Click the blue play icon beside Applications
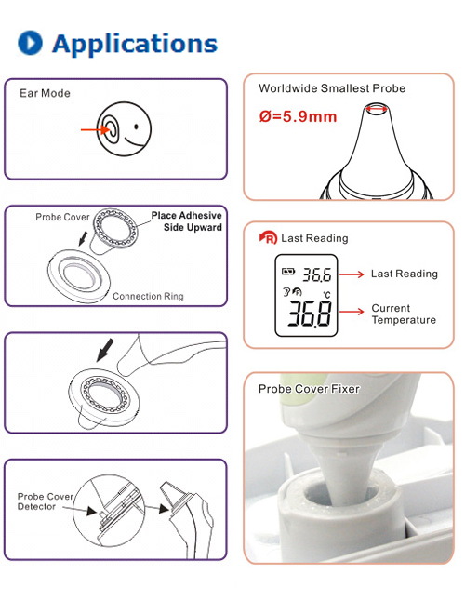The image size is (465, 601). pyautogui.click(x=30, y=43)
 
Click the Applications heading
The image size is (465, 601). pyautogui.click(x=135, y=44)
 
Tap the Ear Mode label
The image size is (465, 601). pyautogui.click(x=45, y=93)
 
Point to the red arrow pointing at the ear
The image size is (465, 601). pyautogui.click(x=96, y=129)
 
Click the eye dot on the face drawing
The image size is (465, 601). pyautogui.click(x=136, y=127)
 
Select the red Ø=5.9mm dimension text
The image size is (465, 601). pyautogui.click(x=298, y=116)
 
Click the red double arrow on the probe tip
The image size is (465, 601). pyautogui.click(x=376, y=110)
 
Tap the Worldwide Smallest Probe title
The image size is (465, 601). pyautogui.click(x=332, y=88)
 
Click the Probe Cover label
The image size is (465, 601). pyautogui.click(x=62, y=217)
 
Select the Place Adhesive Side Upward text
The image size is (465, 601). pyautogui.click(x=187, y=221)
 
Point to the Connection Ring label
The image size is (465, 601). pyautogui.click(x=148, y=296)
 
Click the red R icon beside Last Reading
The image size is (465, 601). pyautogui.click(x=268, y=237)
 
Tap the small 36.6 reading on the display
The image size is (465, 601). pyautogui.click(x=317, y=274)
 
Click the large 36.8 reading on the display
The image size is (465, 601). pyautogui.click(x=310, y=314)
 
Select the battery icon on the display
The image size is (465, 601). pyautogui.click(x=288, y=272)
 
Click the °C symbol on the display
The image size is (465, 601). pyautogui.click(x=325, y=294)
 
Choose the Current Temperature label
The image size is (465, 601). pyautogui.click(x=404, y=314)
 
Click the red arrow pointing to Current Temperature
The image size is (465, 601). pyautogui.click(x=352, y=312)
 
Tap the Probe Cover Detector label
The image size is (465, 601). pyautogui.click(x=46, y=501)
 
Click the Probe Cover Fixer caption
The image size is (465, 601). pyautogui.click(x=309, y=389)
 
